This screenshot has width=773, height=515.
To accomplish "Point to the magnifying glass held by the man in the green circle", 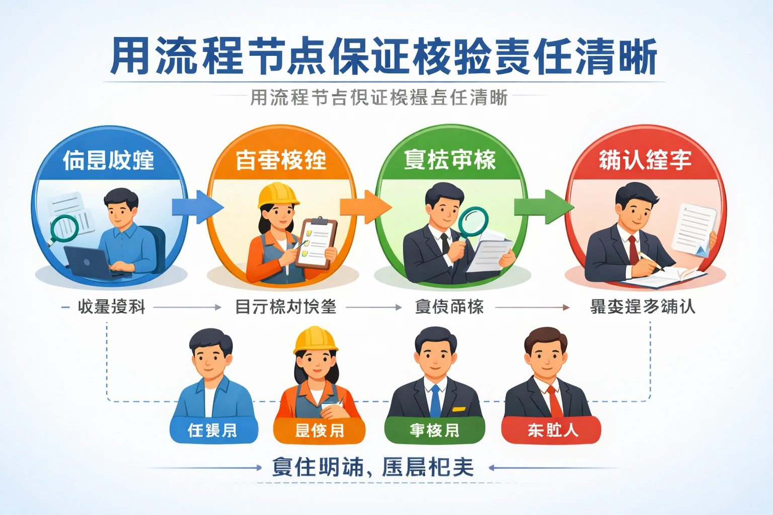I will pos(473,221).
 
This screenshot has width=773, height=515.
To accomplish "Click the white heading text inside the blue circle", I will pos(109,160).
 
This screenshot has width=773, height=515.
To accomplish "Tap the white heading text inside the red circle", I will pos(645,160).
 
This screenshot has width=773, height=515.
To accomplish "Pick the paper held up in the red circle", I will pos(695,228).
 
